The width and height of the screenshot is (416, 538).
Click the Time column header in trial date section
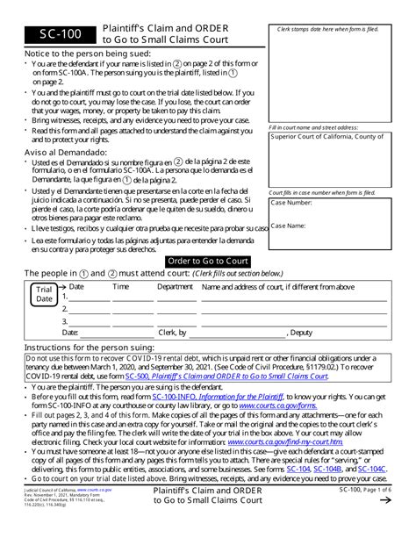tap(120, 286)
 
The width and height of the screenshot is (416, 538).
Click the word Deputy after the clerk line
tap(300, 334)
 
